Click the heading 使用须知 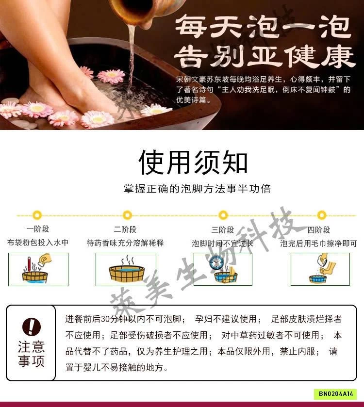193,162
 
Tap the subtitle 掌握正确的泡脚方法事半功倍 197,189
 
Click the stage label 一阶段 38,229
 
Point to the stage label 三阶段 223,230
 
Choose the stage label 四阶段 319,230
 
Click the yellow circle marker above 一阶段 37,215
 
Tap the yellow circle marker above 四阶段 321,215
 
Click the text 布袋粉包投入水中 38,243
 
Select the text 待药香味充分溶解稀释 125,243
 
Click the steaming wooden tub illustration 127,271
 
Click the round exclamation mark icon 32,326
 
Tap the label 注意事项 32,354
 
